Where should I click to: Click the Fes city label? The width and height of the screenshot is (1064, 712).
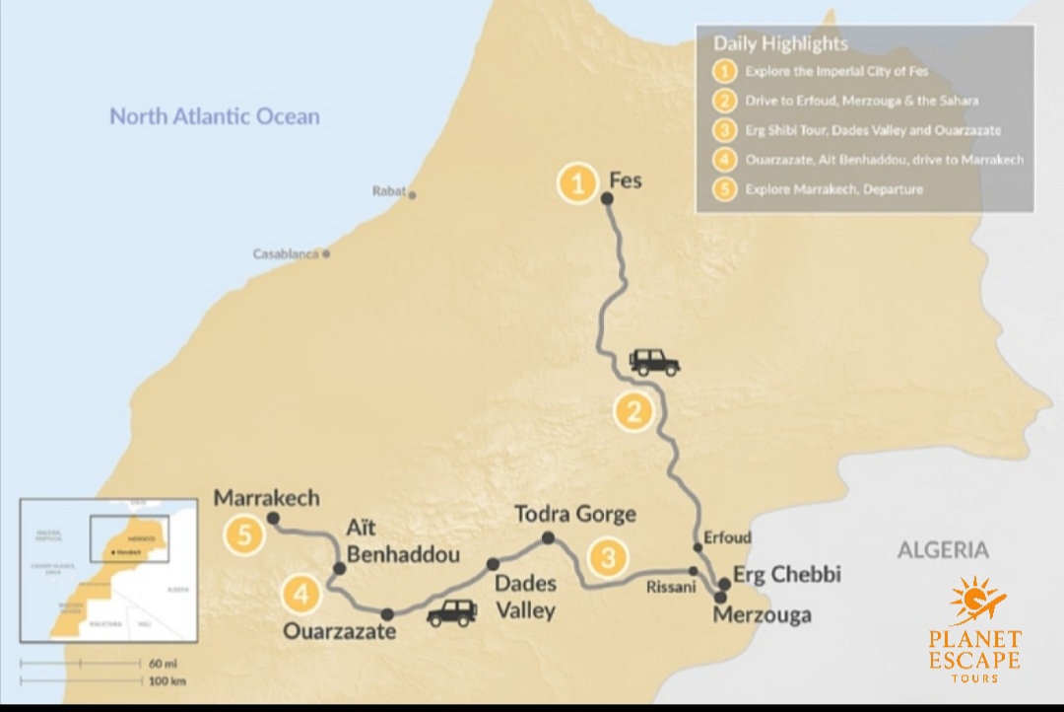[627, 181]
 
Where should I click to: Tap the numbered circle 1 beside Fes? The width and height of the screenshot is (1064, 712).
[578, 183]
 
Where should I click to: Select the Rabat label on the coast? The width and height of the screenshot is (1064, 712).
[389, 191]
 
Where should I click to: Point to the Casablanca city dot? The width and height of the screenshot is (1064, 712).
[326, 253]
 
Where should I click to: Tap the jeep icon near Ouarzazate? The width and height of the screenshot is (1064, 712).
[451, 613]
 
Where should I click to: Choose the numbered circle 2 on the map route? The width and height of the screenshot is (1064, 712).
[633, 411]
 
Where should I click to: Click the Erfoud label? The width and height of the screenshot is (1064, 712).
[728, 538]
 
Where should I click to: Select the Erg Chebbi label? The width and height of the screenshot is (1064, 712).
[787, 574]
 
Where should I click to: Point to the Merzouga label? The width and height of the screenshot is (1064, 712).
[764, 615]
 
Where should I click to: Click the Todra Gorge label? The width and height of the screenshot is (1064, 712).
[575, 514]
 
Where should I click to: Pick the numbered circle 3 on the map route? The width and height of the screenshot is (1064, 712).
[609, 557]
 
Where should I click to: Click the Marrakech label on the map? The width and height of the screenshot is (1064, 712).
[267, 498]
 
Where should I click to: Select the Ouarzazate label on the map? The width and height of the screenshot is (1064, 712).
[340, 630]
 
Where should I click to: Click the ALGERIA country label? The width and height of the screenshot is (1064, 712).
[942, 550]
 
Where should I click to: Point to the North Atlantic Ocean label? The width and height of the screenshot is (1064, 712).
[215, 116]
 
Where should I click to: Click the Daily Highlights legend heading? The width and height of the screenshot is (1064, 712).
[780, 43]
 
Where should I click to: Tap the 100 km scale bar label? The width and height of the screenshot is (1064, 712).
[166, 680]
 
